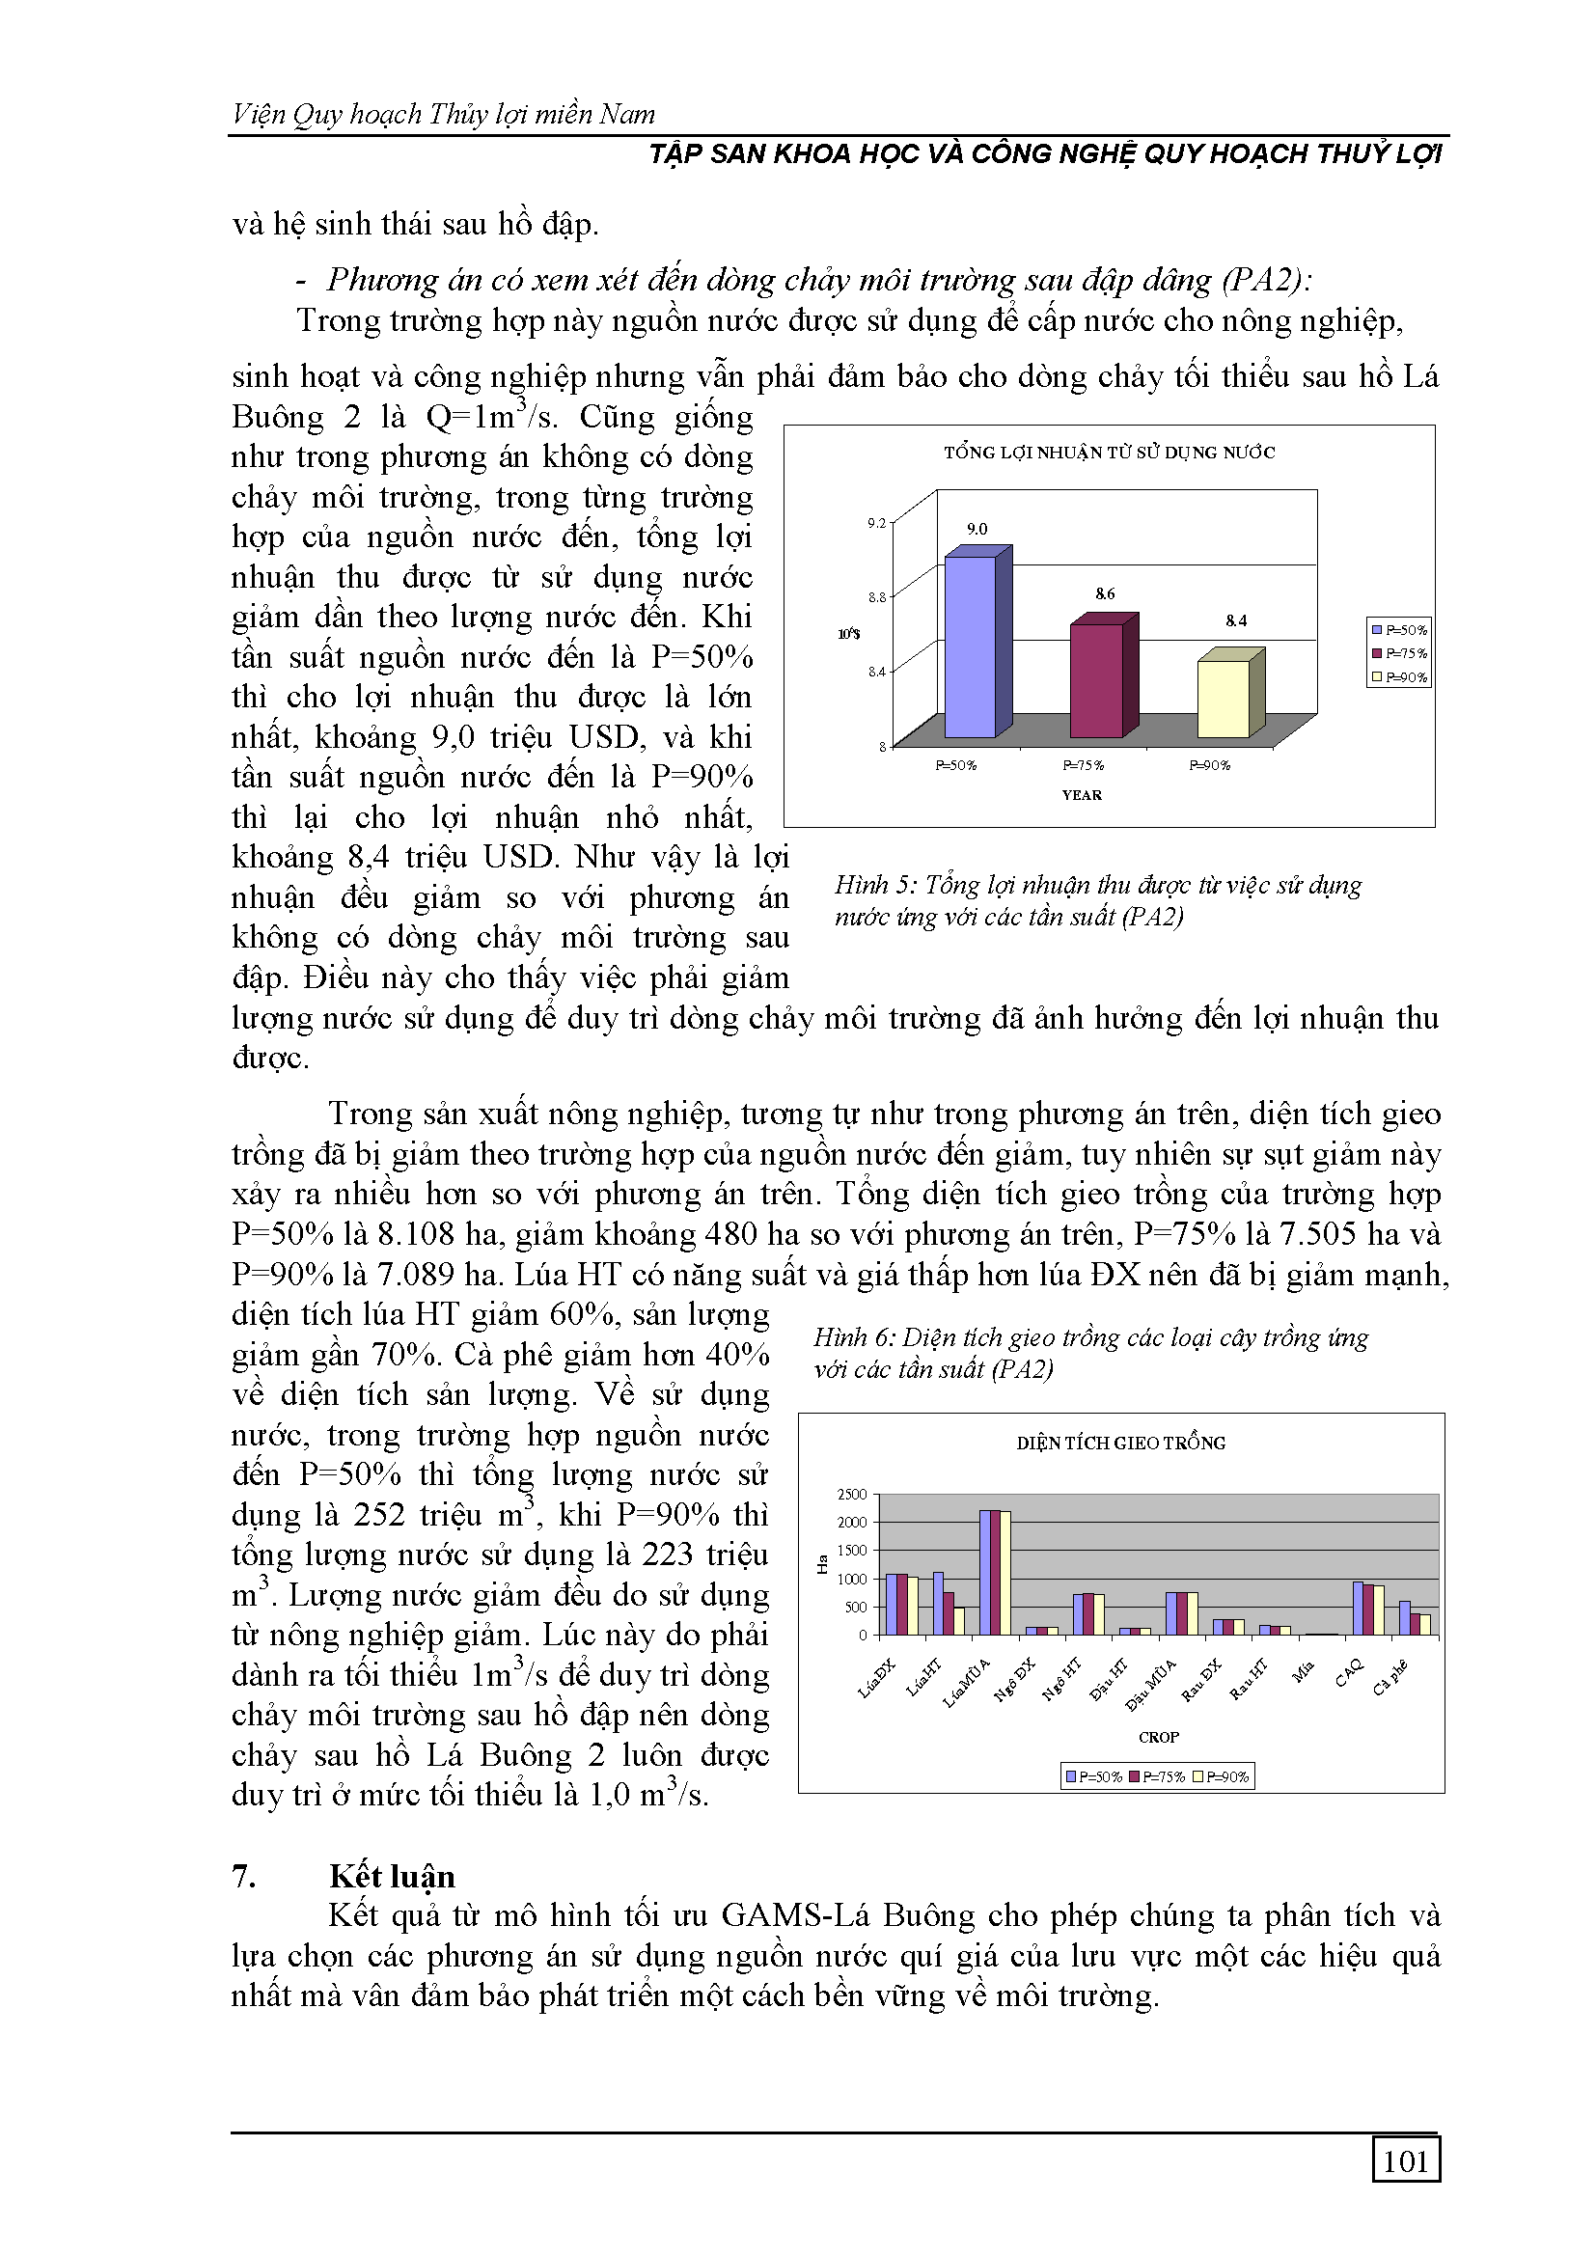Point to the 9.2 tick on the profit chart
point(875,523)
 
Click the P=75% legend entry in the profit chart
point(1399,653)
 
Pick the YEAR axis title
point(1081,795)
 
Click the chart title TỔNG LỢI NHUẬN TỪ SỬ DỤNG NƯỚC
point(1109,453)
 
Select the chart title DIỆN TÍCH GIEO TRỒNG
point(1120,1444)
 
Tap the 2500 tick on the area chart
point(851,1495)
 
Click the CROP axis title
point(1159,1737)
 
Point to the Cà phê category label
point(1390,1676)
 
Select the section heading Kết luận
point(392,1877)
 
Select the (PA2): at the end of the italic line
point(1267,280)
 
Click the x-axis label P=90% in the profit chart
point(1210,765)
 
